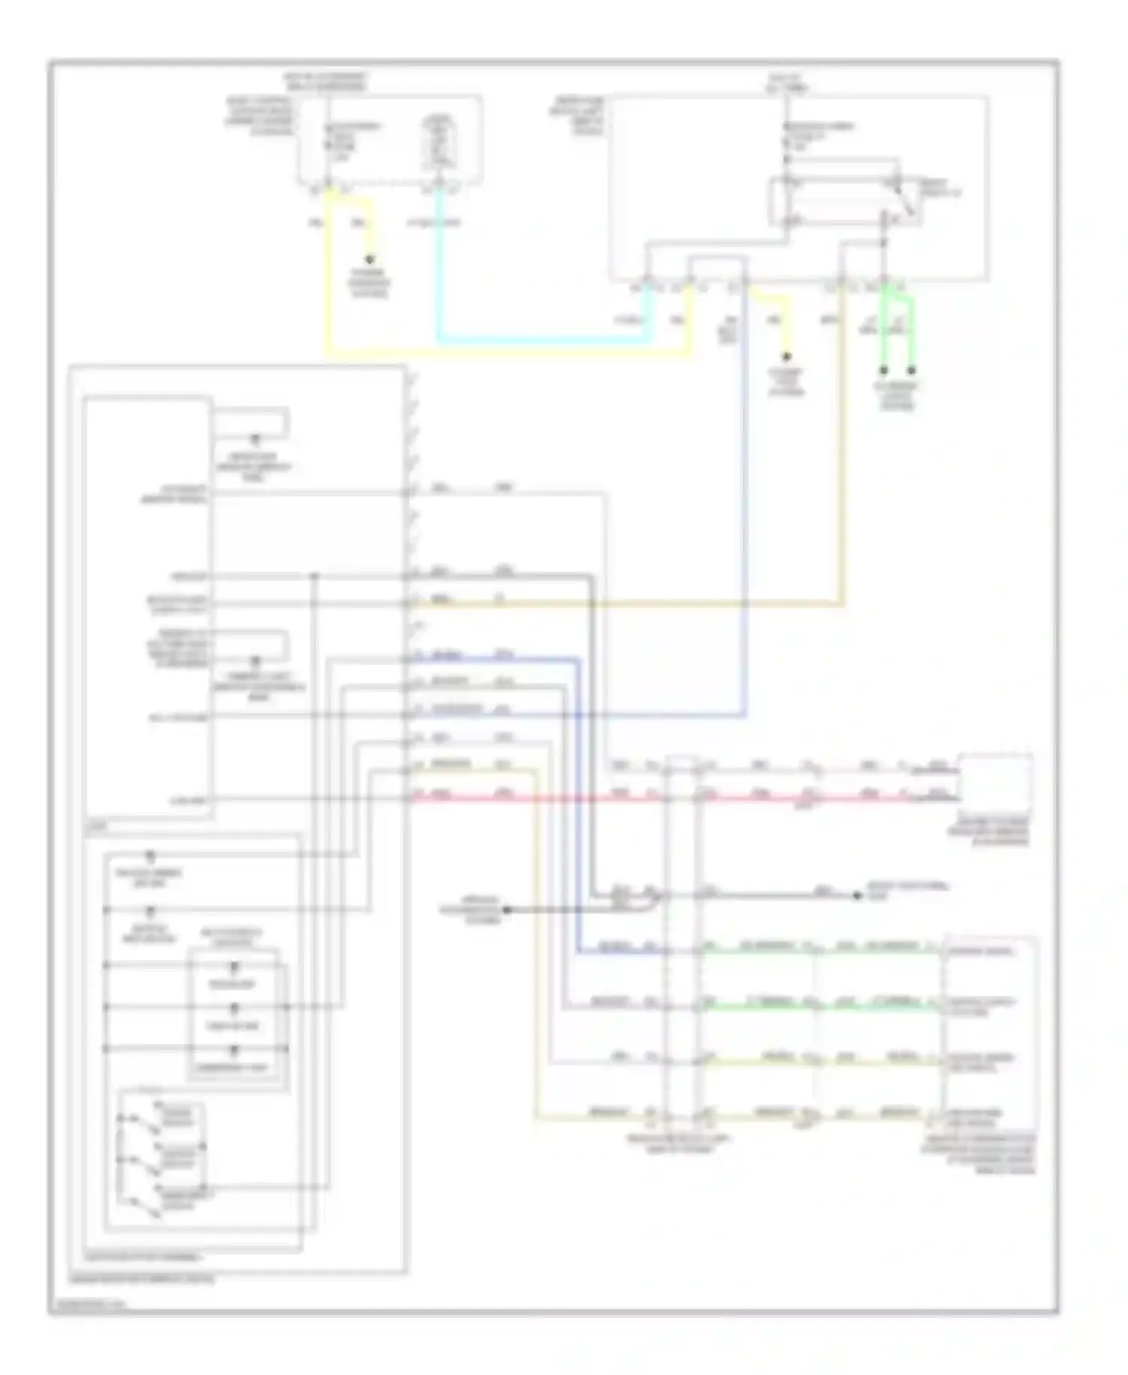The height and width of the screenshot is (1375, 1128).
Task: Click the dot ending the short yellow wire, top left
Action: (x=369, y=258)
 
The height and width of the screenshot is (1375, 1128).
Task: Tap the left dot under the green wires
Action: (x=884, y=370)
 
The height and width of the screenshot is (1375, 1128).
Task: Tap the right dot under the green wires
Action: (x=911, y=370)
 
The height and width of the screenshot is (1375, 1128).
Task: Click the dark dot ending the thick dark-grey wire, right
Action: (x=857, y=895)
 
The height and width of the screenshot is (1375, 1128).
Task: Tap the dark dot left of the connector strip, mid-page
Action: (x=506, y=909)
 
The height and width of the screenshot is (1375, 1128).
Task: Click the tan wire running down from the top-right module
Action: (x=842, y=451)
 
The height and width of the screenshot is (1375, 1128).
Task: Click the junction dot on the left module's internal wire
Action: (x=314, y=577)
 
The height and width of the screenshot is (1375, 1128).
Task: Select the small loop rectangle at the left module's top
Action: (x=252, y=423)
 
